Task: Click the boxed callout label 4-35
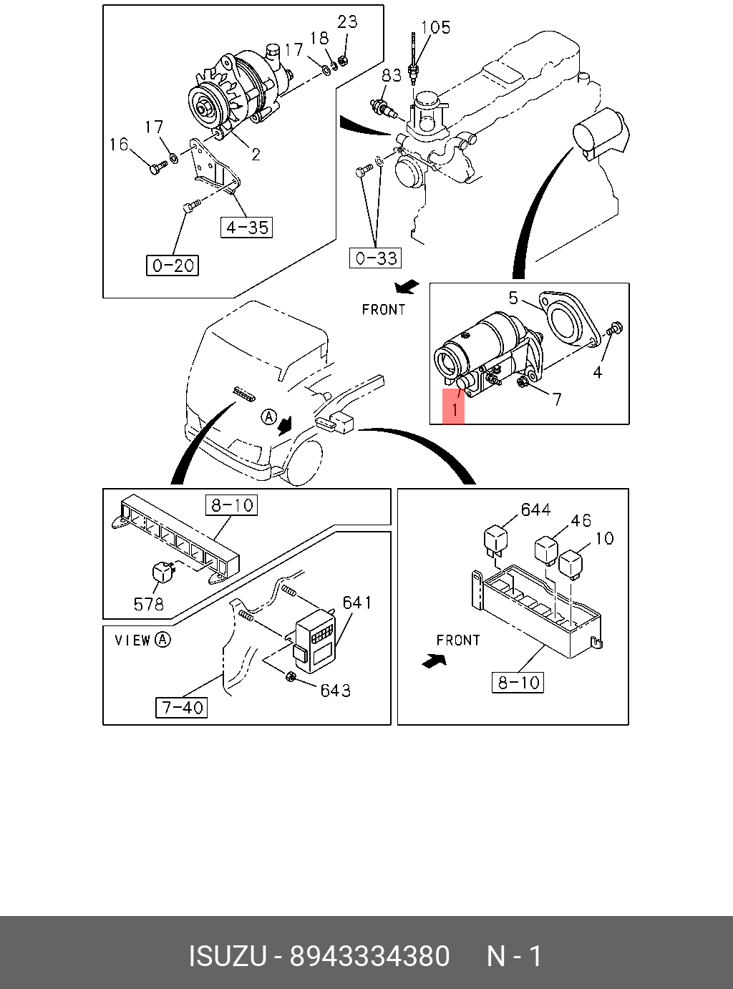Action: pyautogui.click(x=246, y=228)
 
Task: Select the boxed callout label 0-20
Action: pyautogui.click(x=173, y=265)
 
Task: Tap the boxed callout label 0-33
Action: pyautogui.click(x=376, y=258)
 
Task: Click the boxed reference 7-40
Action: pyautogui.click(x=182, y=708)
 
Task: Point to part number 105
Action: pyautogui.click(x=435, y=27)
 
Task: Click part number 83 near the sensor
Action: pyautogui.click(x=392, y=75)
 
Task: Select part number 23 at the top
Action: pyautogui.click(x=347, y=21)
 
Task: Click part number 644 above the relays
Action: pyautogui.click(x=535, y=510)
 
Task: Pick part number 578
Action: pyautogui.click(x=148, y=604)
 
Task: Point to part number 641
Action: pyautogui.click(x=356, y=603)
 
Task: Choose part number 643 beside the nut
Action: pyautogui.click(x=335, y=690)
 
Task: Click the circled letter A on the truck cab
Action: pyautogui.click(x=268, y=416)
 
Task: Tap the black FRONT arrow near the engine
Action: pyautogui.click(x=406, y=288)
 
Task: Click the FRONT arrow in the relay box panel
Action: pyautogui.click(x=433, y=661)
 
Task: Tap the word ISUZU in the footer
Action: pyautogui.click(x=227, y=956)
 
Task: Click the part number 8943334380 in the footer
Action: pyautogui.click(x=369, y=956)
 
